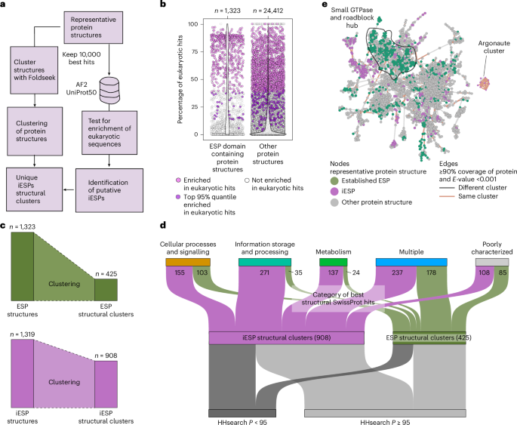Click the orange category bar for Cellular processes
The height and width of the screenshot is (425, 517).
188,261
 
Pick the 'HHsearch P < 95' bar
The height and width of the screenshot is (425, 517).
242,413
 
